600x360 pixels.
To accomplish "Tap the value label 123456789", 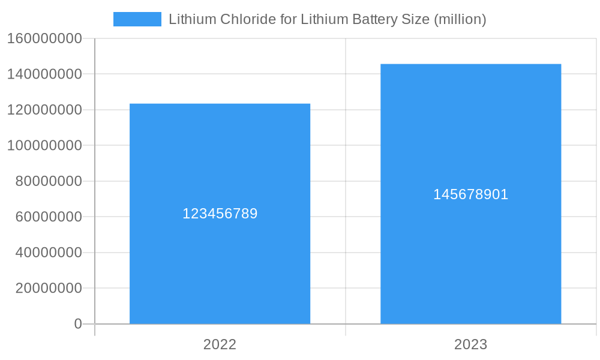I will point(220,214).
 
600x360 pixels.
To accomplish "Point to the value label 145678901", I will point(470,194).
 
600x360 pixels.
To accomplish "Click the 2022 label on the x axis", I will point(220,344).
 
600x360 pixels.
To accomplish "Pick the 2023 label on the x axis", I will point(470,344).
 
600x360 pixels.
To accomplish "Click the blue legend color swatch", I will point(137,19).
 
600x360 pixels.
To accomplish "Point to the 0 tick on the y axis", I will point(78,324).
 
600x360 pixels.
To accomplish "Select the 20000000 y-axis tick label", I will point(49,288).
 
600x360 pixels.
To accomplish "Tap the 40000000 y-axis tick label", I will point(49,253).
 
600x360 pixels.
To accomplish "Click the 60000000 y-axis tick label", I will point(49,217).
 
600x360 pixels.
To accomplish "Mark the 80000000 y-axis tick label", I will point(49,181).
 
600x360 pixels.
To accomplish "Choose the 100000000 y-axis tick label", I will point(44,146).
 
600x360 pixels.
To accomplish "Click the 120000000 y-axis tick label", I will point(44,110).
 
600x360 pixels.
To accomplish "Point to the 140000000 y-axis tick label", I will point(44,74).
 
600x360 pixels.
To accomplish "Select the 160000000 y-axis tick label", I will point(44,39).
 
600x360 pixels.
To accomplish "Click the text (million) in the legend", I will point(460,19).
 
